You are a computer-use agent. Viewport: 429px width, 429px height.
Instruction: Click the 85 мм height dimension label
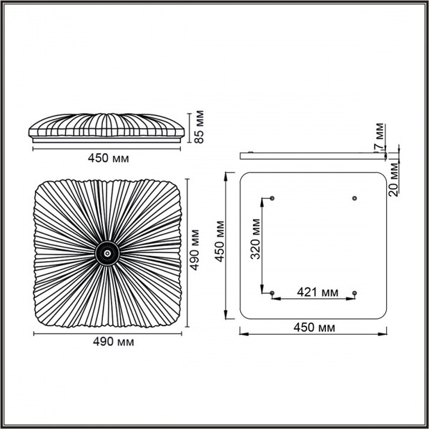[x=199, y=127]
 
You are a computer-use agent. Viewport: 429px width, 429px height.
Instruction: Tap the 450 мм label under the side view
[x=109, y=159]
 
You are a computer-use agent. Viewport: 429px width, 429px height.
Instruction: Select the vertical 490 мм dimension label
[x=194, y=250]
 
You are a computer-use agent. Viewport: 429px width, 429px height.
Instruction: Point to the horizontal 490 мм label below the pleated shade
[x=114, y=342]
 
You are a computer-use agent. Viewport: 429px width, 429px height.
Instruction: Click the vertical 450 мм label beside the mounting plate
[x=220, y=242]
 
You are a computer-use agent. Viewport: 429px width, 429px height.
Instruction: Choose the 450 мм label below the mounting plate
[x=314, y=327]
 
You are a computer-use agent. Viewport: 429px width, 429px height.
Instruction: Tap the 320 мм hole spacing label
[x=255, y=239]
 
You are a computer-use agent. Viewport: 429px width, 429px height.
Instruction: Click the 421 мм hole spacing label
[x=317, y=292]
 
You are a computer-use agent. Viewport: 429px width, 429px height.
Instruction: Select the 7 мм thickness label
[x=380, y=137]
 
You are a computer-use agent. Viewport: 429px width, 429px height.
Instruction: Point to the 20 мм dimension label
[x=394, y=179]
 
